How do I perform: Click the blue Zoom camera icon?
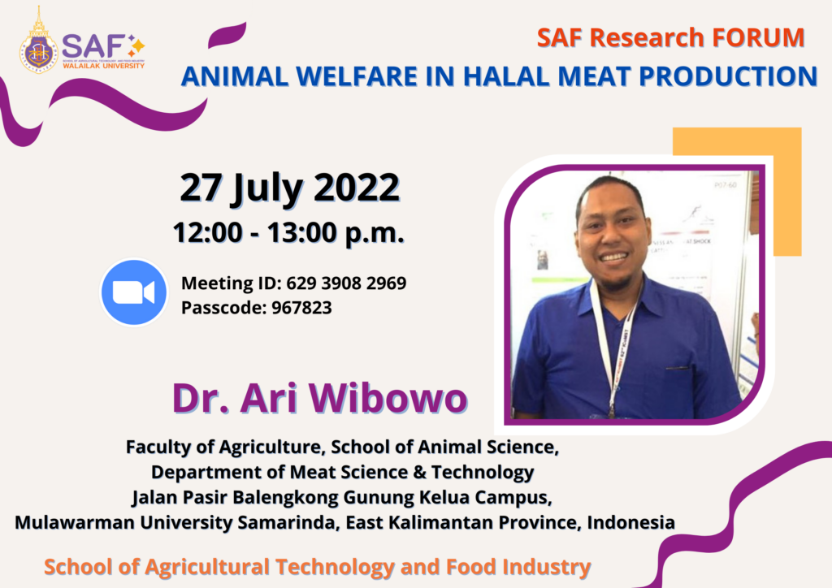[x=133, y=292]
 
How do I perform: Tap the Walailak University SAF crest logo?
[x=39, y=41]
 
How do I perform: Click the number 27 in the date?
[x=201, y=188]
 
